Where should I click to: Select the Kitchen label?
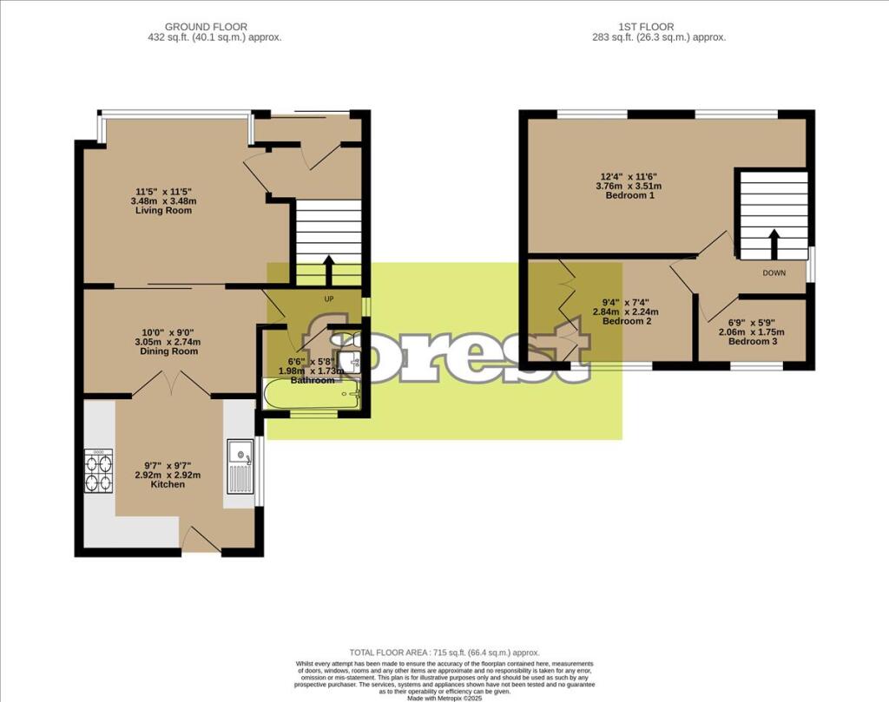click(x=168, y=485)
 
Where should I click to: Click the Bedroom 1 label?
click(x=629, y=195)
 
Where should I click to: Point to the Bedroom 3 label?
click(x=753, y=342)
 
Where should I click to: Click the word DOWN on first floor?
click(x=775, y=272)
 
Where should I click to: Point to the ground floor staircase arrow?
click(x=329, y=266)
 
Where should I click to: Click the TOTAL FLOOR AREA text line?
click(x=444, y=653)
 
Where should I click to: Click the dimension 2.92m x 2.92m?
click(x=168, y=475)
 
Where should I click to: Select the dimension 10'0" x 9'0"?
click(x=174, y=331)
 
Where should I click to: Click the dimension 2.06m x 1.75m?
click(x=752, y=332)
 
